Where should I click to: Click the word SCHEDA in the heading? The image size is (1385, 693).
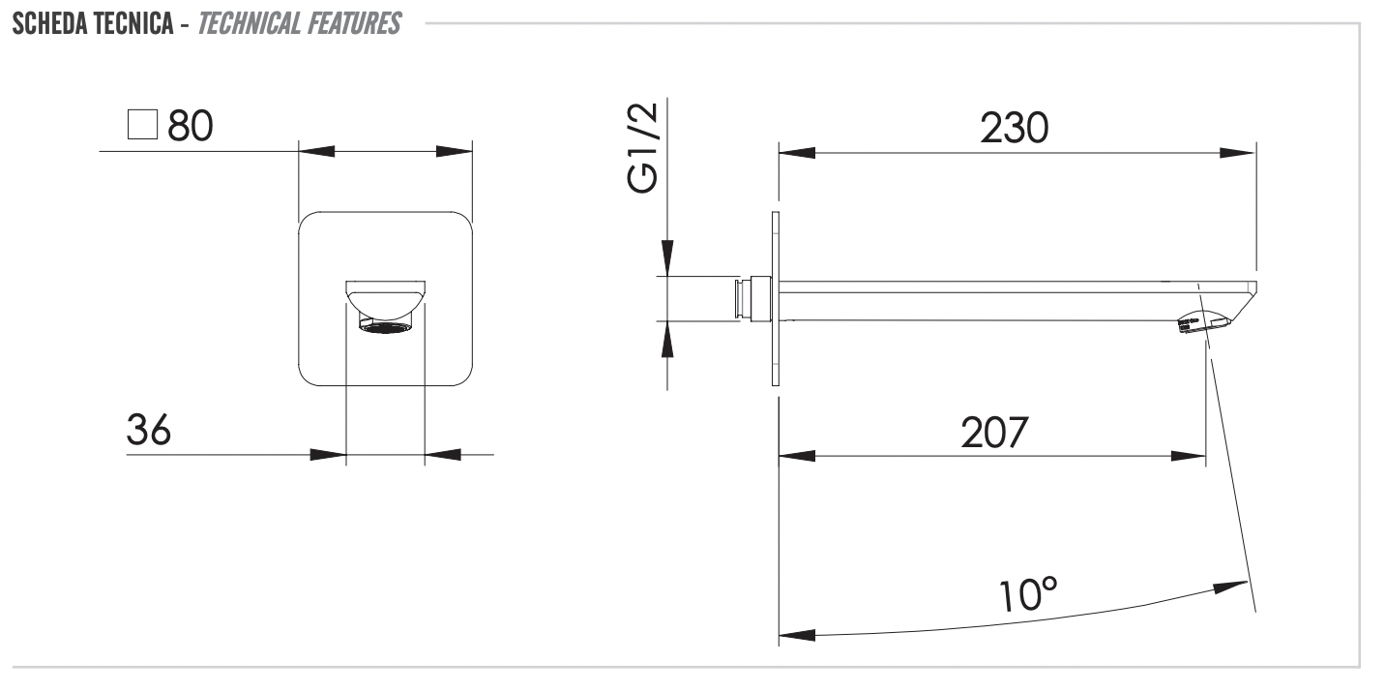[50, 24]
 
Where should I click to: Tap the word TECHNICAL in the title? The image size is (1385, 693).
[249, 24]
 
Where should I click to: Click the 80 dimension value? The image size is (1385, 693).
[191, 126]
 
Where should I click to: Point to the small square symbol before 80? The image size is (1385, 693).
[142, 124]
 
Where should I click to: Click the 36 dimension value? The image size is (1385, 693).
[148, 430]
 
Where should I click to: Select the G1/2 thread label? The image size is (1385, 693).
[642, 148]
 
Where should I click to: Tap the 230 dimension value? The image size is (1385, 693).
[1014, 128]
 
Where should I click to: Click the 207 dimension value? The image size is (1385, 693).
[994, 433]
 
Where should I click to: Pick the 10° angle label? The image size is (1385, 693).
[1028, 595]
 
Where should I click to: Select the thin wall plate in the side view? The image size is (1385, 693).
[776, 299]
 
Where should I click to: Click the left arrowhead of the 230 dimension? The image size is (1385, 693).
[797, 152]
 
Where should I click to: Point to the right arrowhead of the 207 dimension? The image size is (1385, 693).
[1189, 457]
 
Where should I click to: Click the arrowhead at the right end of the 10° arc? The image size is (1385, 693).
[1230, 587]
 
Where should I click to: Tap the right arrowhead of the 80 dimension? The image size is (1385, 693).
[455, 152]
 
